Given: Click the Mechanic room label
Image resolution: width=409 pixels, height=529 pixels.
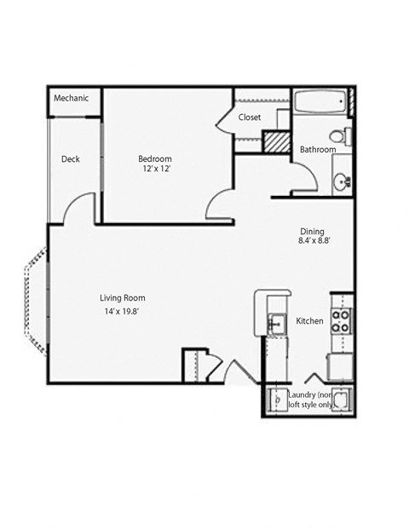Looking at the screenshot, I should [x=71, y=99].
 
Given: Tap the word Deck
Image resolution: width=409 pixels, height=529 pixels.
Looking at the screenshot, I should [x=70, y=158].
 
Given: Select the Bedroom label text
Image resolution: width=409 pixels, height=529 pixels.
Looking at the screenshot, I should [x=155, y=158].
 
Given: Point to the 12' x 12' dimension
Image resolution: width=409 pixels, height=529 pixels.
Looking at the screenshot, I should [x=155, y=170].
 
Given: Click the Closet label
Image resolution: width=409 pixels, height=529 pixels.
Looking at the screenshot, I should [x=250, y=117].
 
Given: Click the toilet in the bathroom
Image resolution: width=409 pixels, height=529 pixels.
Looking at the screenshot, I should [x=339, y=136].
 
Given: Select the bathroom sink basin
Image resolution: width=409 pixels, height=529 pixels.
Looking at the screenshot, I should [x=341, y=181].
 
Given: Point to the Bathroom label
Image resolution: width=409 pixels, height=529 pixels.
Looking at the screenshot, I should [x=317, y=150].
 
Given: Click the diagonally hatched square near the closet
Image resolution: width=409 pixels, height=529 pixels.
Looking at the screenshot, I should [x=275, y=141].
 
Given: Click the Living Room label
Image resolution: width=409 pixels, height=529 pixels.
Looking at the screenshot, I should [x=122, y=298].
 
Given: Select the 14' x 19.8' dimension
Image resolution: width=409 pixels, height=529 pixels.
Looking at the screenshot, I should [x=122, y=313].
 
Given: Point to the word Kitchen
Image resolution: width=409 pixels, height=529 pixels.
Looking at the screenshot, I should [x=308, y=321].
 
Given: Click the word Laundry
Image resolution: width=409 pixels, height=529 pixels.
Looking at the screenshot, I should [x=302, y=395].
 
